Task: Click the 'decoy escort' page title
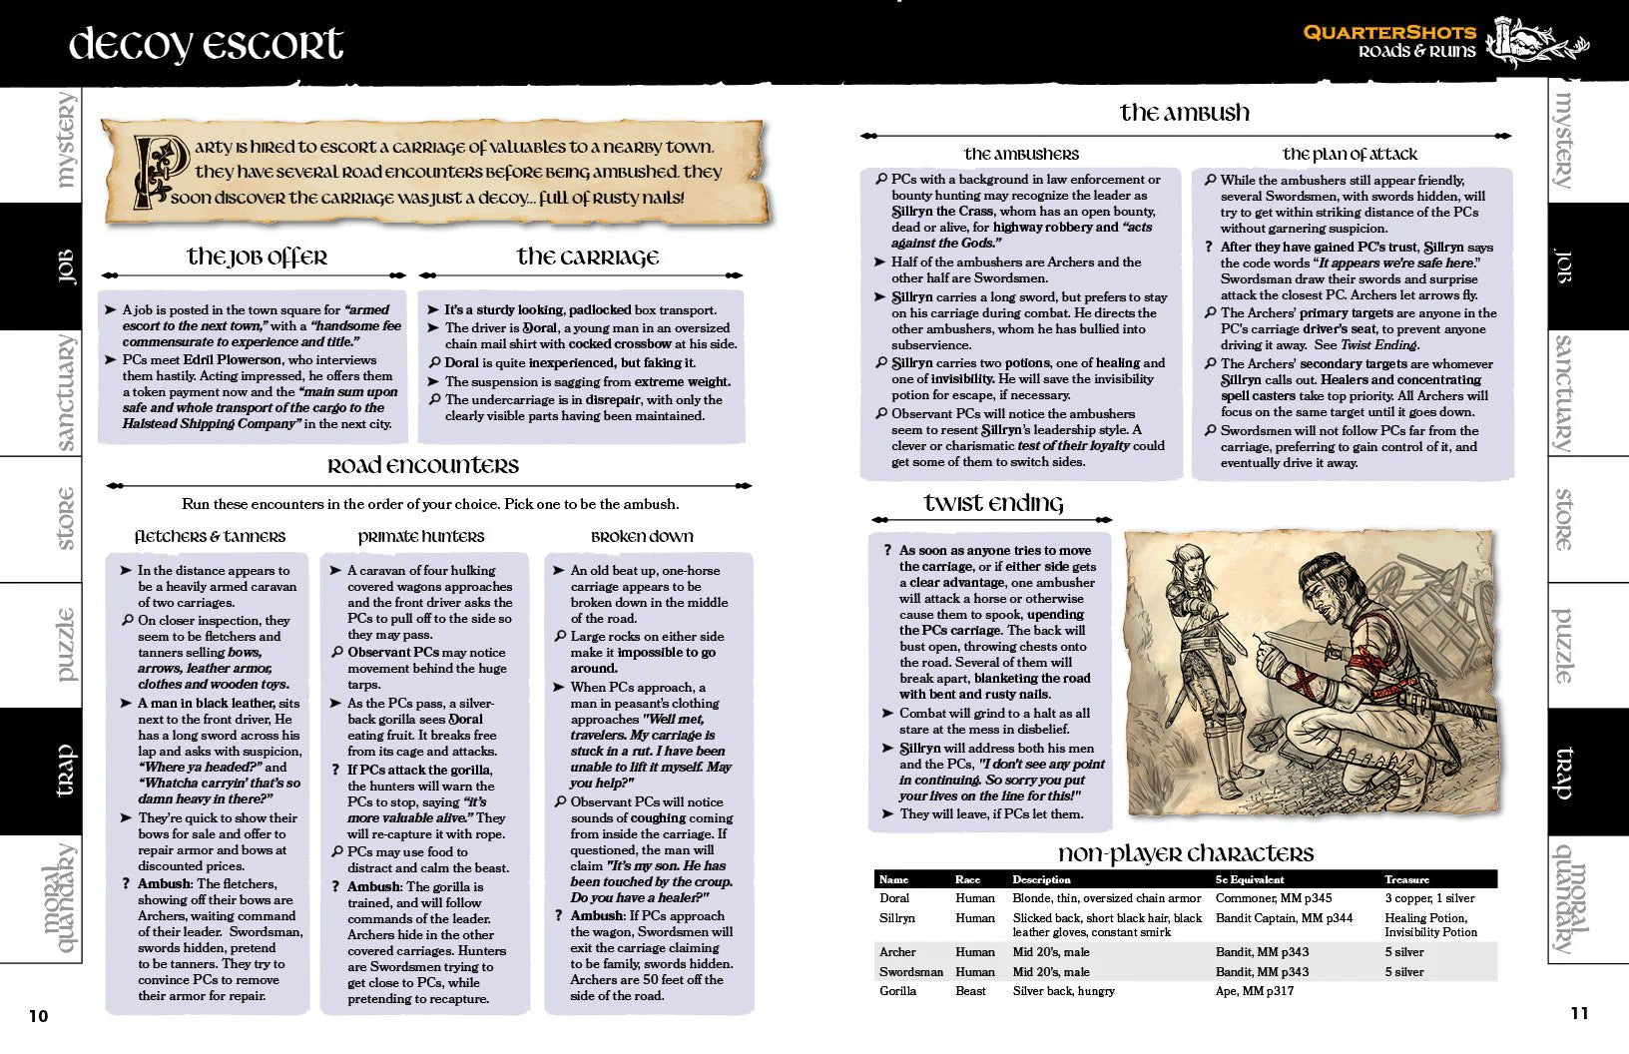tap(206, 45)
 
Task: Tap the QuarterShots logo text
tap(1389, 33)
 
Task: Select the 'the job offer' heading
tap(257, 258)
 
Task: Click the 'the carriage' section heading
tap(587, 258)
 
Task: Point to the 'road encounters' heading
tap(423, 466)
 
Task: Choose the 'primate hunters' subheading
tap(420, 537)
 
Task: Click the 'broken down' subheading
tap(642, 537)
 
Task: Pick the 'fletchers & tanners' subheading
tap(210, 537)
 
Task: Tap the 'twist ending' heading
tap(993, 504)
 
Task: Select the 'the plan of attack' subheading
tap(1350, 154)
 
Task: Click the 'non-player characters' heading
tap(1186, 854)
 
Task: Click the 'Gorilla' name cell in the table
tap(897, 991)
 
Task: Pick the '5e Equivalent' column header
tap(1250, 879)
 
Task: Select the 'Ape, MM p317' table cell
tap(1254, 991)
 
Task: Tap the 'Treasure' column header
tap(1406, 879)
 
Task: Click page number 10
tap(38, 1016)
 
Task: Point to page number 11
tap(1579, 1013)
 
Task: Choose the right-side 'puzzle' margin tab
tap(1563, 645)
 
